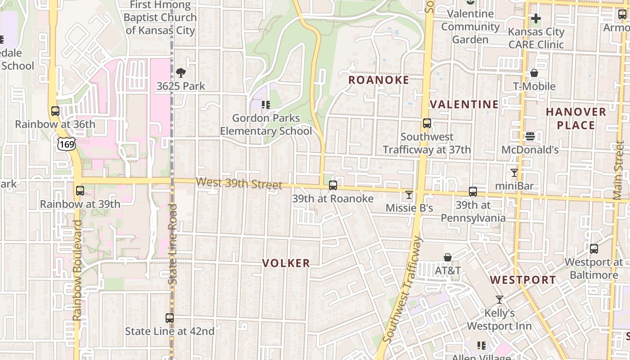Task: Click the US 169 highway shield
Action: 66,144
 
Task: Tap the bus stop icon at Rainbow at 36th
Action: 55,111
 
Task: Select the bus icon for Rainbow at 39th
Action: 80,191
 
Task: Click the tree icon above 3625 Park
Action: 181,73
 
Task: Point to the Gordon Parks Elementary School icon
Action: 266,105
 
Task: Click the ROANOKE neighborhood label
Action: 379,80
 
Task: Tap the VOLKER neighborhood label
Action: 286,263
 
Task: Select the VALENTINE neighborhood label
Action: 464,104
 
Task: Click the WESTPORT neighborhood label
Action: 523,280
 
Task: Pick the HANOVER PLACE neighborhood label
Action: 576,118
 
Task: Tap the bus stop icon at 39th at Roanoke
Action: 333,185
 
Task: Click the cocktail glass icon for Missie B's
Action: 409,195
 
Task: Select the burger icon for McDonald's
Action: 530,136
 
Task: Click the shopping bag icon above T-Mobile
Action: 534,73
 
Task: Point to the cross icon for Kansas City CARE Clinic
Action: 535,19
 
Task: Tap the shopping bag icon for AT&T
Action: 448,257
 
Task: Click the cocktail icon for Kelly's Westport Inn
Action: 499,300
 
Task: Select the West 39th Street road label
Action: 239,184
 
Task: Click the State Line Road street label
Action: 173,244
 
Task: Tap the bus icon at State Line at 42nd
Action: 170,318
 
